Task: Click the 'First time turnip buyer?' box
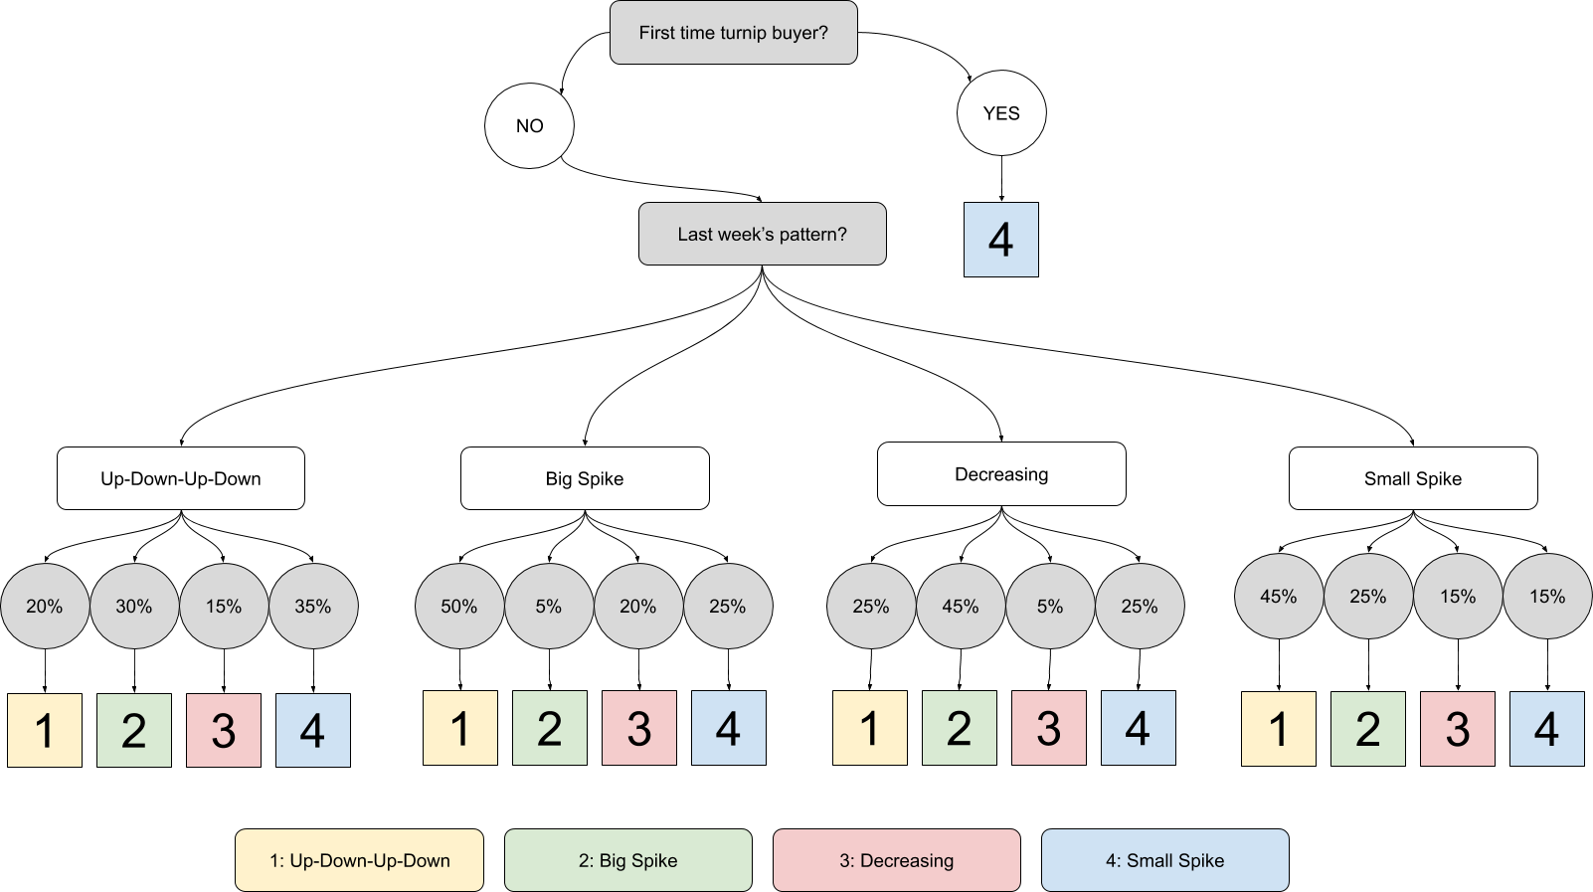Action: tap(733, 33)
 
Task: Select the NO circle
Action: tap(529, 125)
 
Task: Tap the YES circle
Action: tap(1001, 112)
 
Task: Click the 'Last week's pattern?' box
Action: tap(762, 234)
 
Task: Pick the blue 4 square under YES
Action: tap(1000, 240)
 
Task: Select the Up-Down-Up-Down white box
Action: tap(180, 478)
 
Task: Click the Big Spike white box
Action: tap(585, 478)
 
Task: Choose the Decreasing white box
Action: tap(1001, 474)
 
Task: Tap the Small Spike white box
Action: tap(1412, 478)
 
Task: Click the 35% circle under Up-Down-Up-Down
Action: tap(313, 606)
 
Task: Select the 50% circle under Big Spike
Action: tap(458, 606)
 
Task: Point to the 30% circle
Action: tap(134, 606)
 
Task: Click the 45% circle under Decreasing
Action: tap(961, 606)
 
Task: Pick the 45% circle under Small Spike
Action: tap(1279, 596)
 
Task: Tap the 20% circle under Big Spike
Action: tap(638, 606)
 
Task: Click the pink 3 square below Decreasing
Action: tap(1048, 728)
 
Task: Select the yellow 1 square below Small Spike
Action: tap(1278, 729)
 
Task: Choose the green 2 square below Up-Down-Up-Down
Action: tap(134, 731)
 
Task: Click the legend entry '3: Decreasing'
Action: tap(896, 860)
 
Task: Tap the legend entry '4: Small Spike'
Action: tap(1164, 860)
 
